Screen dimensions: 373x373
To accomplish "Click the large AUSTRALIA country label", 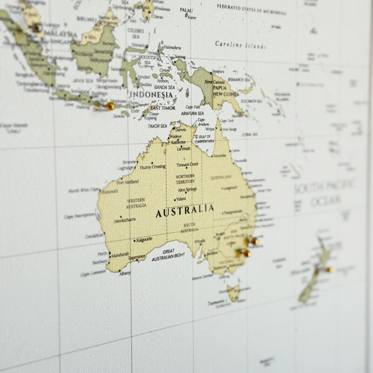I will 185,211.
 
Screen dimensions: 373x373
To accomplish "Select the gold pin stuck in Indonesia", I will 110,106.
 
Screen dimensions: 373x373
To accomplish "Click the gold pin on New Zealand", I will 330,269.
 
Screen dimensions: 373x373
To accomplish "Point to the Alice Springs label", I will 186,190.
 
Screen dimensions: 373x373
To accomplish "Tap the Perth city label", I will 102,254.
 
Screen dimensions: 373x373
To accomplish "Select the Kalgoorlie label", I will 144,239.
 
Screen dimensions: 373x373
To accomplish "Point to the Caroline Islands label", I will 241,45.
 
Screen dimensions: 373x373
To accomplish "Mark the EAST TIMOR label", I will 162,108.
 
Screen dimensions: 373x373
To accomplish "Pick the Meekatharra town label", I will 125,219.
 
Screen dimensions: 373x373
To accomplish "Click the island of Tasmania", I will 234,293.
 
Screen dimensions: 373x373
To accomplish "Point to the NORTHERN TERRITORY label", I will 185,180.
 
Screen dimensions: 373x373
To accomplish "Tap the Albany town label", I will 124,273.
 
